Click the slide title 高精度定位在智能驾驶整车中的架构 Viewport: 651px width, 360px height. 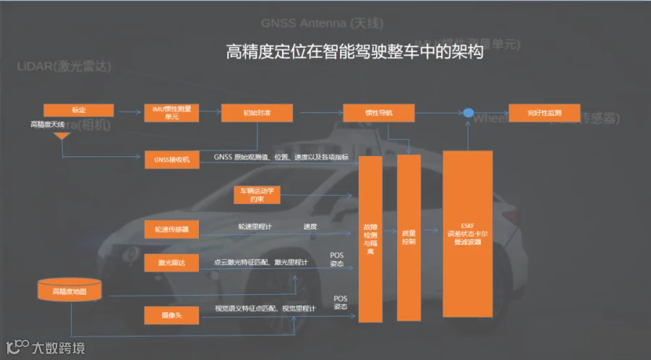click(x=354, y=52)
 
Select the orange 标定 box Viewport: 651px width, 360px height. click(x=79, y=110)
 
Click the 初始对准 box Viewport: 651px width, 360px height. click(x=257, y=113)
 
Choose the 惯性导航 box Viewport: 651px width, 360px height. click(x=378, y=113)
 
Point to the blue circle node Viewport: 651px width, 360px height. click(x=468, y=113)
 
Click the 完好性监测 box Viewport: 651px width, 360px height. click(x=544, y=113)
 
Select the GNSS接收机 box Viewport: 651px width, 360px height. click(x=171, y=160)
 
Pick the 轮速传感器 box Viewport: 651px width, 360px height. click(x=171, y=228)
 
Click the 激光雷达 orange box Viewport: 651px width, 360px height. click(x=171, y=263)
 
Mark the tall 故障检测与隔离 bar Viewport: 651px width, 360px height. click(x=370, y=239)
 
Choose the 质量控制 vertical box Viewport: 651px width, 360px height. click(x=409, y=239)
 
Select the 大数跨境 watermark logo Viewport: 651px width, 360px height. click(x=45, y=347)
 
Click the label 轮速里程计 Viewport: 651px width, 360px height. click(x=255, y=227)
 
